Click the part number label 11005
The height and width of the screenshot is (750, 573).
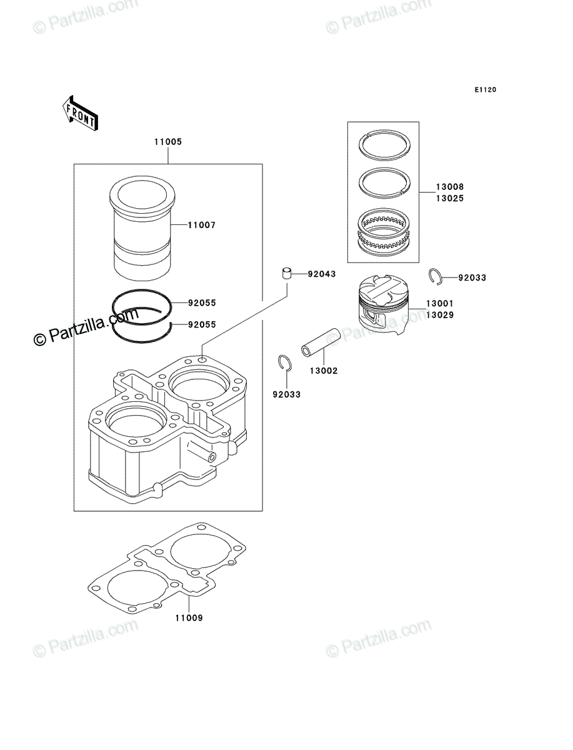[x=167, y=142]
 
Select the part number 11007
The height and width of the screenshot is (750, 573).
[x=201, y=225]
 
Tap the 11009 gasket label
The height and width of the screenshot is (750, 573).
[x=189, y=618]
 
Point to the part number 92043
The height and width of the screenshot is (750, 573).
[x=322, y=274]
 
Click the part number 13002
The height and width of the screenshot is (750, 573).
[x=324, y=371]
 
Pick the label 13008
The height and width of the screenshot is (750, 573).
[x=450, y=187]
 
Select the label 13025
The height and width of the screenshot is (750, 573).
[x=450, y=199]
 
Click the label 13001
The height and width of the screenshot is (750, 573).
[x=440, y=303]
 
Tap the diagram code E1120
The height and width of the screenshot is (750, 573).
[x=486, y=90]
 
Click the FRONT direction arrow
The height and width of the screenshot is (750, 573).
[x=80, y=113]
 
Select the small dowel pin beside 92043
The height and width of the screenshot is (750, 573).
[x=286, y=274]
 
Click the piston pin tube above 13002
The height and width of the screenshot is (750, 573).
[x=321, y=342]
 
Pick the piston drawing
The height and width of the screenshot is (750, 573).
[x=383, y=305]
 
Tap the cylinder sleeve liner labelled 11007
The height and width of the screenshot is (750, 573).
[x=142, y=228]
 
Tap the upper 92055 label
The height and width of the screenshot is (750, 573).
[x=202, y=303]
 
